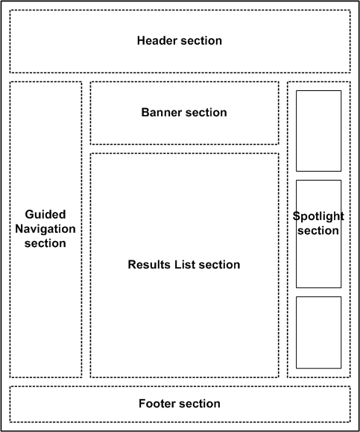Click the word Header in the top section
pyautogui.click(x=157, y=41)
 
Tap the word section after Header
pyautogui.click(x=201, y=41)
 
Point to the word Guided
pyautogui.click(x=45, y=214)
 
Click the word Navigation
pyautogui.click(x=45, y=229)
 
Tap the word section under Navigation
pyautogui.click(x=45, y=243)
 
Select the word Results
pyautogui.click(x=149, y=264)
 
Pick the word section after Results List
pyautogui.click(x=219, y=264)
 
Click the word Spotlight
pyautogui.click(x=318, y=216)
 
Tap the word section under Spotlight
pyautogui.click(x=318, y=231)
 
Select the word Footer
pyautogui.click(x=157, y=404)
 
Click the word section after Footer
pyautogui.click(x=200, y=404)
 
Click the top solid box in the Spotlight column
pyautogui.click(x=296, y=131)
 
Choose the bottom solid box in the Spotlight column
pyautogui.click(x=296, y=332)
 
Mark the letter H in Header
pyautogui.click(x=141, y=41)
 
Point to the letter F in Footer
pyautogui.click(x=142, y=404)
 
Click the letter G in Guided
pyautogui.click(x=30, y=214)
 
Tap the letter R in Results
pyautogui.click(x=132, y=264)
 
